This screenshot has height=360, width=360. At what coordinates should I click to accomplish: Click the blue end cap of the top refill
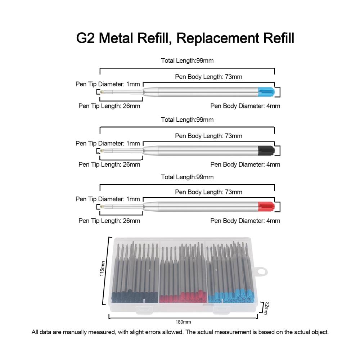click(266, 92)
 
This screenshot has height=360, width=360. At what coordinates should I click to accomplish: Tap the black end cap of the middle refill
click(266, 150)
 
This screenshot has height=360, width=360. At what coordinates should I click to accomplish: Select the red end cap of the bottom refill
click(266, 206)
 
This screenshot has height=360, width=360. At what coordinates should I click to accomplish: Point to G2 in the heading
click(85, 38)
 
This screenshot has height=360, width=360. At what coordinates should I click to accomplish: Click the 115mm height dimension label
click(102, 269)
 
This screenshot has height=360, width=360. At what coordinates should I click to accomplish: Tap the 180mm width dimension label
click(183, 322)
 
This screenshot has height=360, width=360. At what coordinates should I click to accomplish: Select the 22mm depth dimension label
click(266, 308)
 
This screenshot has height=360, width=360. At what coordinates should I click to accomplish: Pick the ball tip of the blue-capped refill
click(102, 92)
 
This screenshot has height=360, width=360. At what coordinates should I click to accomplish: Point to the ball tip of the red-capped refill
click(102, 207)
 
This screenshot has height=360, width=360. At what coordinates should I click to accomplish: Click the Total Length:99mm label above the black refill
click(187, 120)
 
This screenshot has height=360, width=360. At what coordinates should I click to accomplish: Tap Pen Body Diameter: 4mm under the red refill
click(245, 221)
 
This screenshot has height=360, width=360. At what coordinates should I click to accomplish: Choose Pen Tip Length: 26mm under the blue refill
click(109, 106)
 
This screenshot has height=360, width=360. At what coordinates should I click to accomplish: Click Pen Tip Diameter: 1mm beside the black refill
click(108, 144)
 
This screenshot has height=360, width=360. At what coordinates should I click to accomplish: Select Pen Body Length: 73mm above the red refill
click(208, 192)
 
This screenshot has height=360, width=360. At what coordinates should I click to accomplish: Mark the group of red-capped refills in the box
click(183, 273)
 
